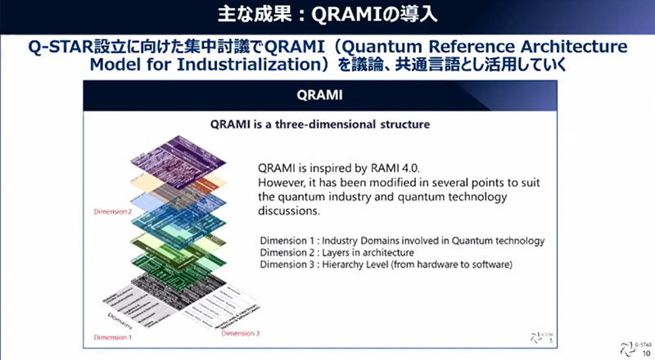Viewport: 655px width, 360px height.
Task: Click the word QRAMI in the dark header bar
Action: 327,95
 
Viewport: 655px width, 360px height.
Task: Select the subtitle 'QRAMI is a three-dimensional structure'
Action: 327,124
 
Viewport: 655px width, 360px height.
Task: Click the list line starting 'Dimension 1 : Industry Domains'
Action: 402,240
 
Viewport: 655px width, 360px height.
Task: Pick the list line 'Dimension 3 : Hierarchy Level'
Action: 386,264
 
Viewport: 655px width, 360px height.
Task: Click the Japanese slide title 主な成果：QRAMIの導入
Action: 327,16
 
